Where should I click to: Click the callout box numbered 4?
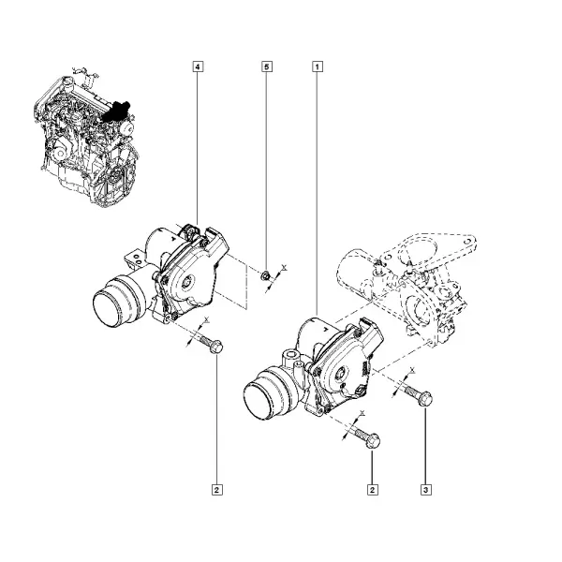coord(198,67)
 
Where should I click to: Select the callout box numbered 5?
coord(266,67)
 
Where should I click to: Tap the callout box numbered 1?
coord(318,67)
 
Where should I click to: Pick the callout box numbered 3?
coord(426,490)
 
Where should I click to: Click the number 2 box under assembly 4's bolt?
coord(217,490)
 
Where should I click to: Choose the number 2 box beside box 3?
coord(373,490)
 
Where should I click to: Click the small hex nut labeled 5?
coord(266,276)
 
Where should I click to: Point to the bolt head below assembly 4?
coord(216,347)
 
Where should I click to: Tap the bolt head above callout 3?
coord(425,399)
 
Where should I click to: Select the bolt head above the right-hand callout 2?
coord(373,441)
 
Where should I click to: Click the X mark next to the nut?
coord(284,267)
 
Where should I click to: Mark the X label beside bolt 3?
coord(412,370)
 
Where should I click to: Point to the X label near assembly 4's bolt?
coord(206,318)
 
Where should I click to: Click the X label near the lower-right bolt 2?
coord(362,413)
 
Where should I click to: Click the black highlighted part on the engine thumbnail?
coord(115,111)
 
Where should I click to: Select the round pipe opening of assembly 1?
coord(259,400)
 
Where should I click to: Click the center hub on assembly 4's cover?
coord(187,284)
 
